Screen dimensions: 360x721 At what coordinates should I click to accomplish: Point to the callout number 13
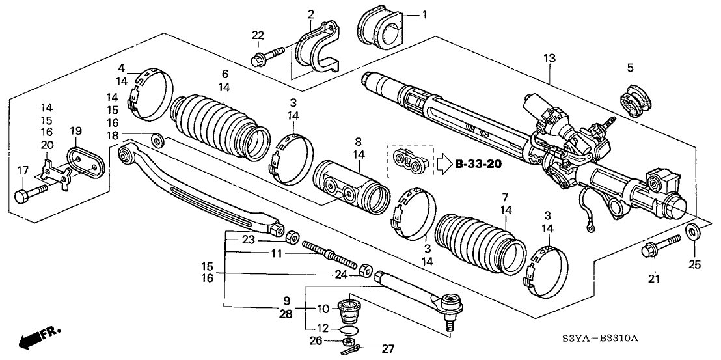(550, 59)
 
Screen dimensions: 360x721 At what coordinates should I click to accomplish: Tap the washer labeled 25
(694, 230)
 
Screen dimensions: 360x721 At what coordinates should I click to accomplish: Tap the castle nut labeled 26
(349, 339)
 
